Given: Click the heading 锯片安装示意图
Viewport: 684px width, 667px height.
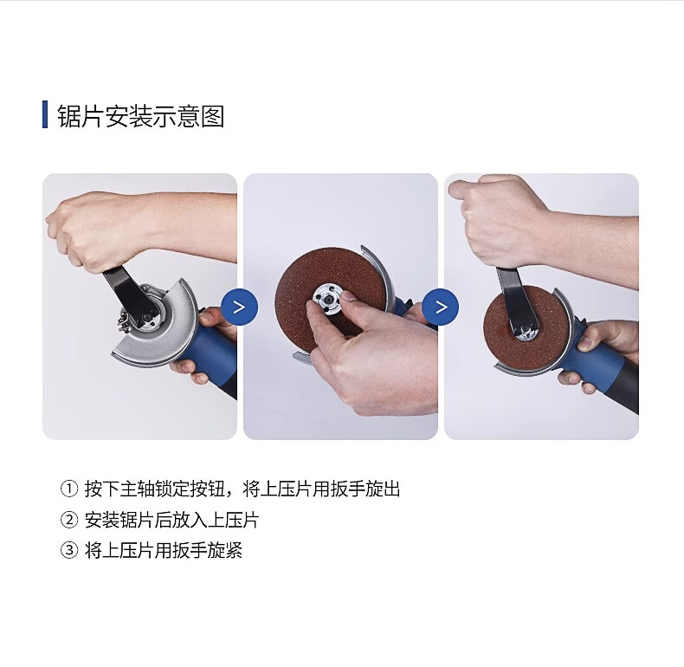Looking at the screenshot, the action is (141, 116).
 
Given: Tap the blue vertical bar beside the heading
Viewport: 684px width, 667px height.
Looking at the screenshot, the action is (45, 114).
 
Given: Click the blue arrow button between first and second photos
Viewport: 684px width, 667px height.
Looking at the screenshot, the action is (240, 308).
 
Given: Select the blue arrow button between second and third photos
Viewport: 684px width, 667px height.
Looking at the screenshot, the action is (441, 308).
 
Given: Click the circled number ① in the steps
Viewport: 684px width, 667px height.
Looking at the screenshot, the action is (69, 489).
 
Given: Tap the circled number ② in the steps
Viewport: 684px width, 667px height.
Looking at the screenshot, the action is (69, 520).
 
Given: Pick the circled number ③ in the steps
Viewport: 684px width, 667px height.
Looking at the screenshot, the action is (69, 550).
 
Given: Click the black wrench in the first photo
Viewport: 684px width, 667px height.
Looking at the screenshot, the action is (130, 298).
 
